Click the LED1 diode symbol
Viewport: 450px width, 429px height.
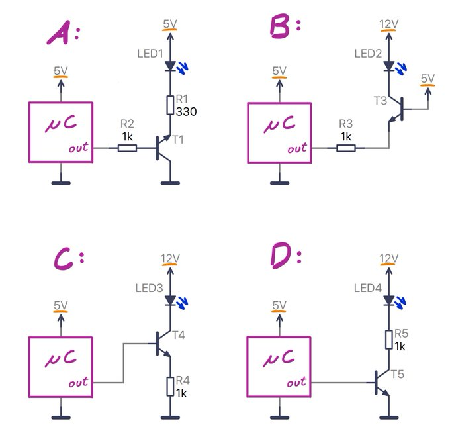click(x=171, y=66)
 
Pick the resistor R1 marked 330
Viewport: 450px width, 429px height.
click(x=171, y=105)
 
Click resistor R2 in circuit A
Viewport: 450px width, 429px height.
click(x=127, y=148)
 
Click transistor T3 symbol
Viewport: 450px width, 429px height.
click(x=396, y=110)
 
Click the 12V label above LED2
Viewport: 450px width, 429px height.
click(x=388, y=24)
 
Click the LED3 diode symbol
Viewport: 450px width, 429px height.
click(x=171, y=300)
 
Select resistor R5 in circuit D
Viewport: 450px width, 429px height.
click(x=388, y=340)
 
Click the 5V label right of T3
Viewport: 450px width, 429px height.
click(x=427, y=79)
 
